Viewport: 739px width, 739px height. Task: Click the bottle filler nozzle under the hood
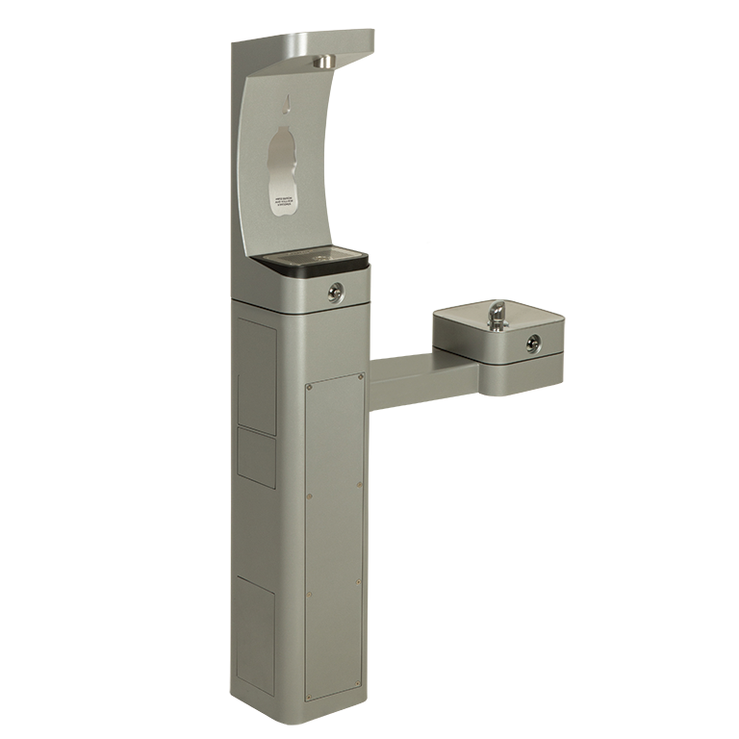click(323, 63)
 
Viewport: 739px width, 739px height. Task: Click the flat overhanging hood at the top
click(308, 42)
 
